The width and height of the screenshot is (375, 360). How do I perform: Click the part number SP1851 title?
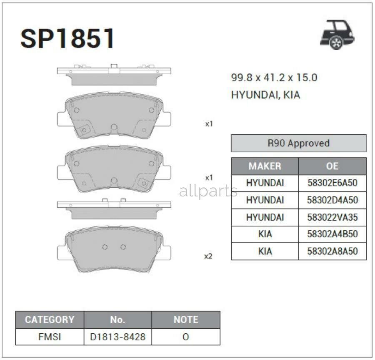tap(67, 39)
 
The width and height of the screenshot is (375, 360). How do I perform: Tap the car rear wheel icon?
tap(337, 35)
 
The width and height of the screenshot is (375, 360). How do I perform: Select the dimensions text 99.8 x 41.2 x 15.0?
tap(274, 78)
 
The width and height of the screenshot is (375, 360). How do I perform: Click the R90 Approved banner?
tap(298, 143)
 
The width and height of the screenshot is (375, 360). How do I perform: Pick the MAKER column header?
tap(265, 166)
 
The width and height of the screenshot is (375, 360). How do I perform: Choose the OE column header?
tap(332, 166)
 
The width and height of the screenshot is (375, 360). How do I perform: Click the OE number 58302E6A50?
tap(332, 183)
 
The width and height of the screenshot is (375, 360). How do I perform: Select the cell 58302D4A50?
tap(332, 200)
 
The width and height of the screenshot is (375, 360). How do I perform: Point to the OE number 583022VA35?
tap(332, 217)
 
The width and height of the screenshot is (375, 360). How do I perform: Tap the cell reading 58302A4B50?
tap(332, 234)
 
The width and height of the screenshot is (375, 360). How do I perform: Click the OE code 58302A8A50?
tap(332, 252)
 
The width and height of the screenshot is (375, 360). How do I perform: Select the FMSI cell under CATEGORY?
tap(49, 337)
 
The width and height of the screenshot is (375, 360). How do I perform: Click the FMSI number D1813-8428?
tap(117, 337)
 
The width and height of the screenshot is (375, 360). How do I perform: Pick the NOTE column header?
tap(185, 320)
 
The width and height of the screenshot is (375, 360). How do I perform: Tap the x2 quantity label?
tap(208, 256)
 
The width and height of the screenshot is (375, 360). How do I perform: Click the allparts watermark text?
tap(208, 191)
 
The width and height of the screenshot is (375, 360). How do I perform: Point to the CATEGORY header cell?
tap(49, 320)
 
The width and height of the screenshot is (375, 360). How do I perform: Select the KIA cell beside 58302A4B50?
tap(265, 234)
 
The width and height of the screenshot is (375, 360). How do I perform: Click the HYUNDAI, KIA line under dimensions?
tap(265, 95)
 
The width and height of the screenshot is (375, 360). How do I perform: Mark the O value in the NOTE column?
tap(185, 337)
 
